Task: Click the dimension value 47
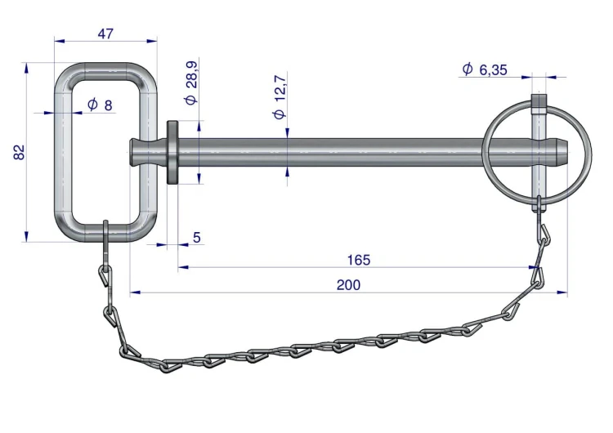(x=105, y=33)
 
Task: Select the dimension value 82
(x=19, y=152)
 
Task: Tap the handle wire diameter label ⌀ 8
(x=100, y=105)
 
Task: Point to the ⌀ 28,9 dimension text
(x=191, y=83)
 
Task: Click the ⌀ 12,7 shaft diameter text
(x=280, y=97)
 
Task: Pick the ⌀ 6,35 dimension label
(x=485, y=69)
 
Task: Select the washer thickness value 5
(x=197, y=237)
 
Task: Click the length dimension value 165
(x=359, y=260)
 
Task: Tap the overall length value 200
(x=348, y=285)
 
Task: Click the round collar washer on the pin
(x=172, y=152)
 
